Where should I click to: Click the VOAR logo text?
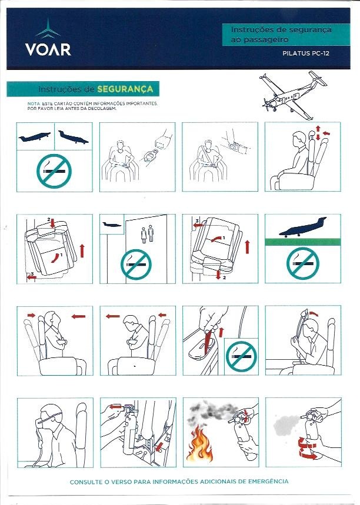(x=48, y=49)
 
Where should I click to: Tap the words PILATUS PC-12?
(x=306, y=53)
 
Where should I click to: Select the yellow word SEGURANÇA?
(x=125, y=89)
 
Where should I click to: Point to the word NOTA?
(x=34, y=103)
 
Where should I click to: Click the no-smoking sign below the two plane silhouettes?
(x=54, y=170)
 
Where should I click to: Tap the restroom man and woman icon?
(x=147, y=234)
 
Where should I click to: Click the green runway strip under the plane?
(x=302, y=242)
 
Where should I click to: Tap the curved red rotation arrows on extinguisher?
(x=308, y=447)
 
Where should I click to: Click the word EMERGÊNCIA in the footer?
(x=268, y=481)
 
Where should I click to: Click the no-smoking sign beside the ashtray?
(x=241, y=356)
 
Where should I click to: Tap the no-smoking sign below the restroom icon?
(x=136, y=264)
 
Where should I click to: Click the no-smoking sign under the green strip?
(x=302, y=263)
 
